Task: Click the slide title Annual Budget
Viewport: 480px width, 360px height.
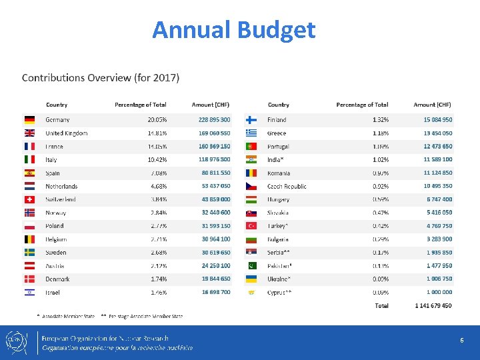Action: point(233,30)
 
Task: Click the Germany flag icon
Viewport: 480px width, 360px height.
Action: point(29,120)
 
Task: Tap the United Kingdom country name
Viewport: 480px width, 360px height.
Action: point(67,133)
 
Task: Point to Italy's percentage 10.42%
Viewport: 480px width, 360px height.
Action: point(157,160)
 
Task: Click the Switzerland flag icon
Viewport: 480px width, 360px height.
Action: point(29,199)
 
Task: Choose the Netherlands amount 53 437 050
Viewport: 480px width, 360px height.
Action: point(216,186)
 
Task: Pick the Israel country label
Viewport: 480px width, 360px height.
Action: point(53,293)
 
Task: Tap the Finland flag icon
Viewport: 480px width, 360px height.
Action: point(252,120)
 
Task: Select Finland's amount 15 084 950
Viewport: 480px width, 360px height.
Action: point(438,120)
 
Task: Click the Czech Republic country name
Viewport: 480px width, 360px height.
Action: point(287,186)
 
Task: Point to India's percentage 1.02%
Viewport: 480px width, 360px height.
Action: point(380,160)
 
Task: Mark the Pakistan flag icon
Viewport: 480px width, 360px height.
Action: point(252,266)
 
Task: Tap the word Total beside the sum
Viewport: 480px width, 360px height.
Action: point(381,306)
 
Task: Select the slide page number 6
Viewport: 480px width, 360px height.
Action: point(461,341)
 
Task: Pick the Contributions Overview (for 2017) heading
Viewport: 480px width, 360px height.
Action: point(101,78)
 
